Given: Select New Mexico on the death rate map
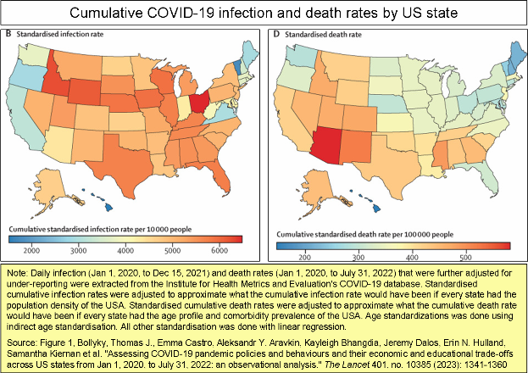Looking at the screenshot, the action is (x=357, y=148).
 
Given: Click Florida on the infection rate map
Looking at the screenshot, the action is (x=215, y=175).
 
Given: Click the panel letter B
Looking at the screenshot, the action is (x=8, y=34).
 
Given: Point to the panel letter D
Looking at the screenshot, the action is (x=276, y=34).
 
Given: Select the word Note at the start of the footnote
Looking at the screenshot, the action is (x=16, y=273).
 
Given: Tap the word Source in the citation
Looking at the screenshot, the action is (x=21, y=343).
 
